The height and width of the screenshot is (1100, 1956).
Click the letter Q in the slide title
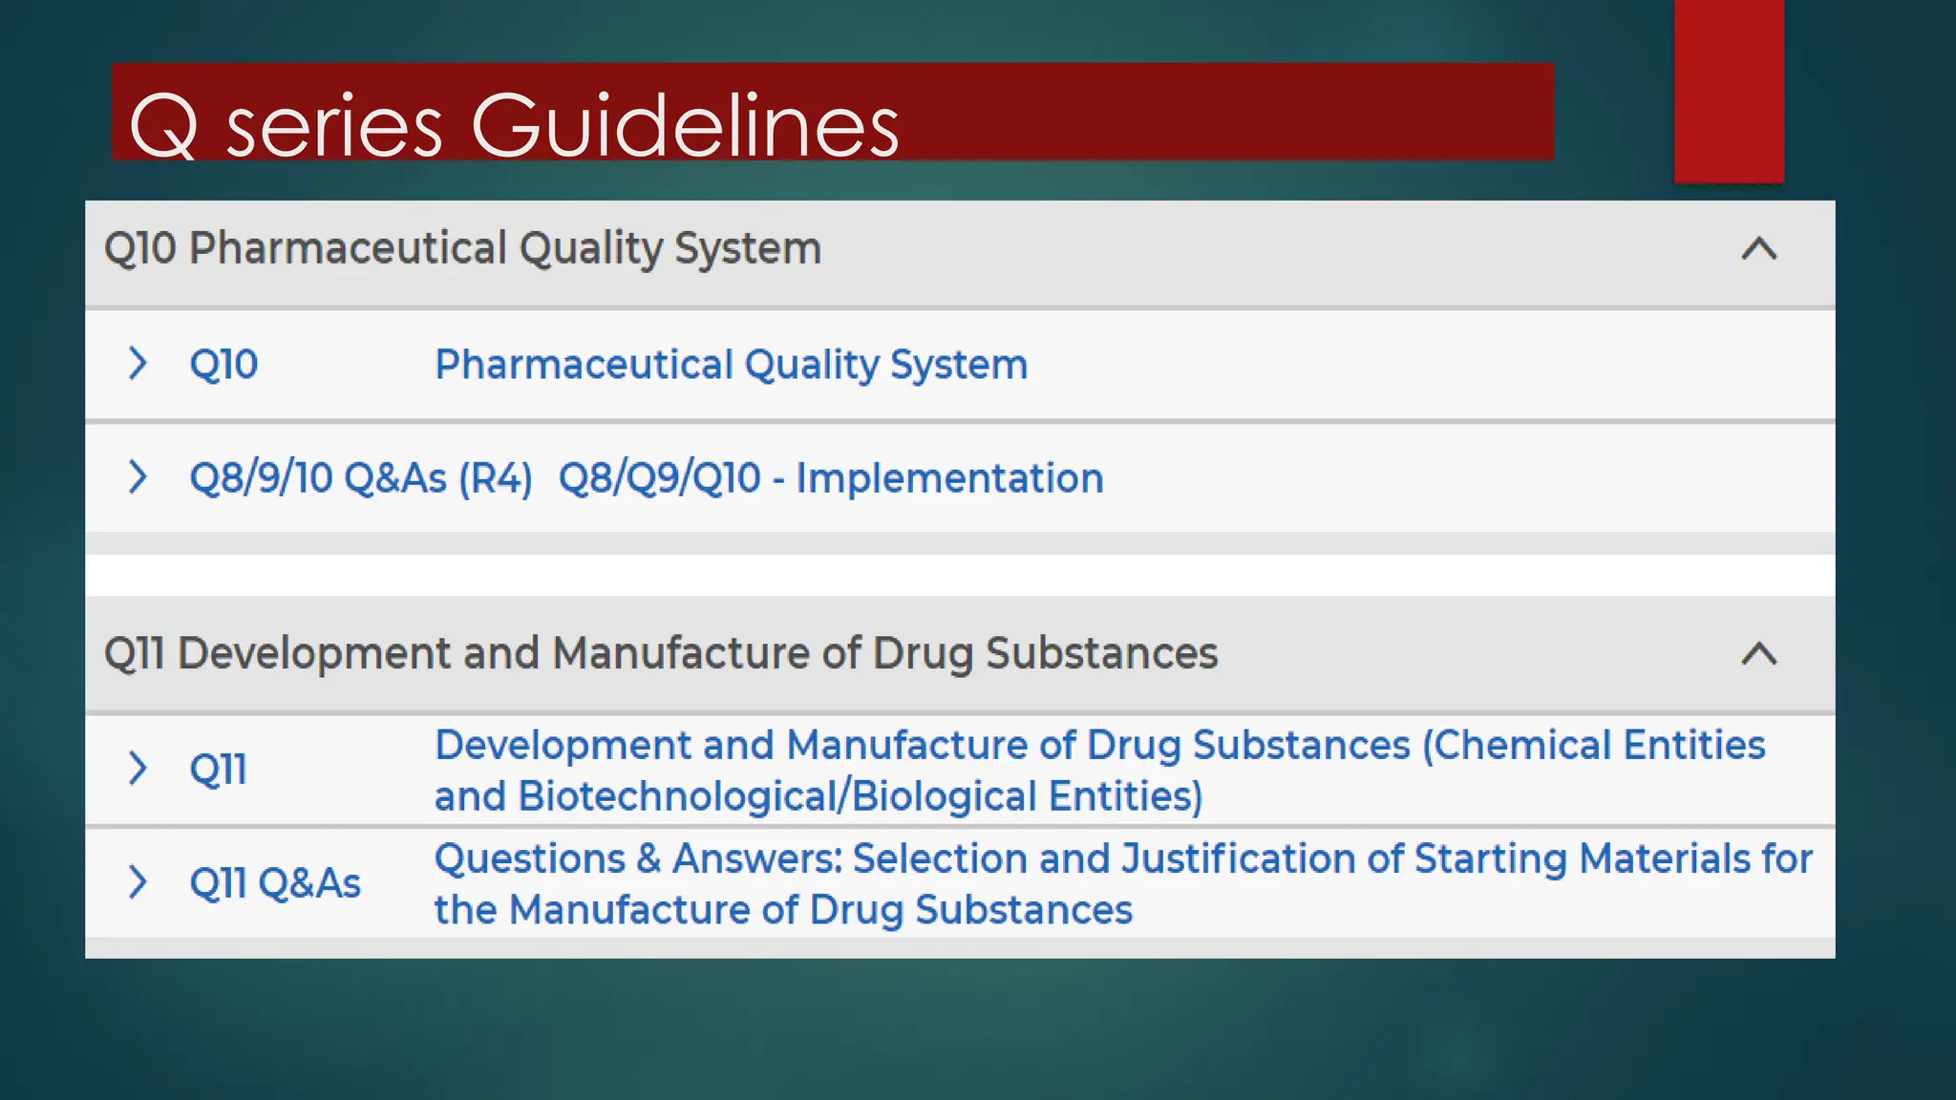(x=163, y=126)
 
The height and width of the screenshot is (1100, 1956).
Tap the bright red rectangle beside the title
(x=1728, y=91)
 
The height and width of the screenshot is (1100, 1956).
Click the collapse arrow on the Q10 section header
(x=1758, y=249)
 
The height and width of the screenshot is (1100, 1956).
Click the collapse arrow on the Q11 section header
(x=1758, y=654)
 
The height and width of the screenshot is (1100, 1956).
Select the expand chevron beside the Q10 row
(x=138, y=363)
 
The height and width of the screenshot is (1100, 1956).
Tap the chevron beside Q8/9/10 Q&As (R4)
(x=138, y=476)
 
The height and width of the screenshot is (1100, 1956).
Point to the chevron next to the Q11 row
(x=138, y=768)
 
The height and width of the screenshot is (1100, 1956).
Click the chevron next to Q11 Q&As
(x=138, y=881)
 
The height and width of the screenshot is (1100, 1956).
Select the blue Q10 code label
(x=223, y=365)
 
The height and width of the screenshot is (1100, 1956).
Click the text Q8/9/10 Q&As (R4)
(x=360, y=478)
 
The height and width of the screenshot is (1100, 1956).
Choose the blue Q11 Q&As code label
(x=275, y=883)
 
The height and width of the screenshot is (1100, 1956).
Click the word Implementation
(x=949, y=478)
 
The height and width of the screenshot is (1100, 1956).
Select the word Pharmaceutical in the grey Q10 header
(x=348, y=249)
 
